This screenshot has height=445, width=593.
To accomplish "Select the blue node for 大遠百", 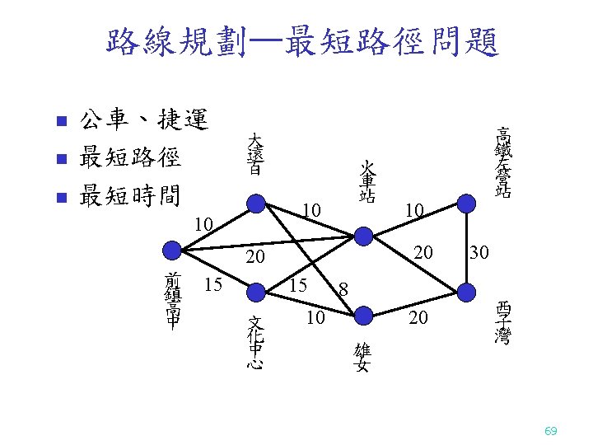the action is pos(257,203).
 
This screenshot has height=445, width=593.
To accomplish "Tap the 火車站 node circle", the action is pos(364,237).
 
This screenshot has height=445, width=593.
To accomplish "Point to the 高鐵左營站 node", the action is pos(466,203).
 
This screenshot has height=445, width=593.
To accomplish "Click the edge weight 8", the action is pos(344,289).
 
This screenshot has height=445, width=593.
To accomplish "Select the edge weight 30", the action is pos(479,252).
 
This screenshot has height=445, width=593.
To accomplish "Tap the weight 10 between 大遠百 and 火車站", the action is pos(311,213).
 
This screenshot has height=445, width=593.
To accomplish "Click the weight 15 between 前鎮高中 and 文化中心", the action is pos(213,285).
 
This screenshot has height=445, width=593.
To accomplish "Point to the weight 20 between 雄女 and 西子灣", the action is pos(418,317).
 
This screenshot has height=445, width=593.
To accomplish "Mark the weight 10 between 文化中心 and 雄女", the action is pos(315,317).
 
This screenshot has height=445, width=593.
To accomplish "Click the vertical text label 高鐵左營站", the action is pos(501,162).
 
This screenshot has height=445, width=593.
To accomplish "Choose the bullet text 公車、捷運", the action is pos(143,121).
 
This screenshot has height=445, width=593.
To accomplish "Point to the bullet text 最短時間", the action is pos(129,196).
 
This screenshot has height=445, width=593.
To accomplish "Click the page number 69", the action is pos(551,431).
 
